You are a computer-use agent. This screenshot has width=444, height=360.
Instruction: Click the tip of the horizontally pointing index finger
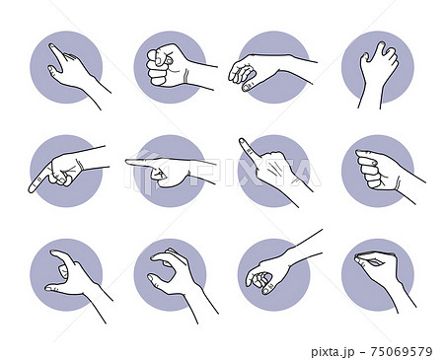(127, 162)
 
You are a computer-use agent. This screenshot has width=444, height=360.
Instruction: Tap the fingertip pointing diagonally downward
(32, 189)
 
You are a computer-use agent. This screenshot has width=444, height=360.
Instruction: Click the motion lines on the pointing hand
(275, 171)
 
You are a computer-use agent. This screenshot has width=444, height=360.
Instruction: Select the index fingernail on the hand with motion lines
(243, 141)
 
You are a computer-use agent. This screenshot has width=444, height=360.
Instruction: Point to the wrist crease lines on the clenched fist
(186, 77)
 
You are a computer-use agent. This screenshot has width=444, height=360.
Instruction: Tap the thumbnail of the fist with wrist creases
(170, 61)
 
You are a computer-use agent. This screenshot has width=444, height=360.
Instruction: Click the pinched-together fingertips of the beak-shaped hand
(357, 258)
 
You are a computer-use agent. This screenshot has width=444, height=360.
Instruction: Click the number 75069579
(402, 352)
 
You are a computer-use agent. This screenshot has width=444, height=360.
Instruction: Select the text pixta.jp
(333, 352)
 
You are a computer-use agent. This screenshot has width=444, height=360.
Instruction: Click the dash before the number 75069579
(362, 352)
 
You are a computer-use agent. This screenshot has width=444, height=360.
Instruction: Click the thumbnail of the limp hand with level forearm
(247, 88)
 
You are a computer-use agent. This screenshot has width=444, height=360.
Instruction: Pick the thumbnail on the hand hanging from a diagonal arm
(266, 291)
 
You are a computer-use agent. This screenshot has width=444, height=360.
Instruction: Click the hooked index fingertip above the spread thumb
(53, 252)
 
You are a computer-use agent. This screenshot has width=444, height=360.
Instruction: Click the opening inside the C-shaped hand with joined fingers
(164, 269)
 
